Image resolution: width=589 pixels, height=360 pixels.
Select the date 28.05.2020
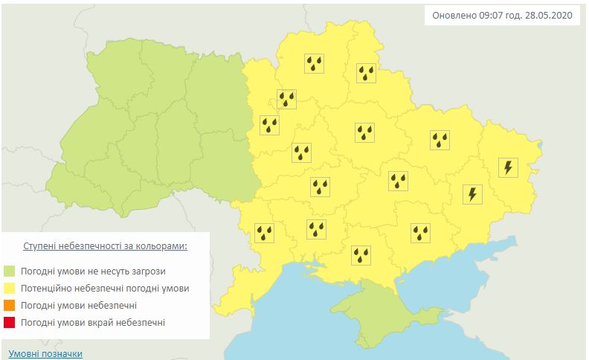tap(550, 16)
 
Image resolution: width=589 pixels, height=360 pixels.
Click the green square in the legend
tap(10, 271)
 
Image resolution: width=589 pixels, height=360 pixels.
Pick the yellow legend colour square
tap(10, 288)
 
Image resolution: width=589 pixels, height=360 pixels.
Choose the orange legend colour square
tap(10, 306)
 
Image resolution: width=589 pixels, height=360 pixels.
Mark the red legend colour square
tap(10, 323)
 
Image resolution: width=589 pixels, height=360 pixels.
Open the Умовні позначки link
tap(45, 354)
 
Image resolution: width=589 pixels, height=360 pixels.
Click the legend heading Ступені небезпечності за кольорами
tap(105, 245)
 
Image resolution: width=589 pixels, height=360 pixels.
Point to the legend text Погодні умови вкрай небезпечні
tap(93, 323)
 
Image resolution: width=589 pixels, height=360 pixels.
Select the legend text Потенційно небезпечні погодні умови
tap(105, 288)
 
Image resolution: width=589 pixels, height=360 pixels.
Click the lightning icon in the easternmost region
tap(508, 167)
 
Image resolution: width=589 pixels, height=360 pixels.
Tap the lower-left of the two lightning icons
tap(472, 194)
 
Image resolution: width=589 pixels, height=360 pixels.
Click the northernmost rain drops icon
tap(315, 64)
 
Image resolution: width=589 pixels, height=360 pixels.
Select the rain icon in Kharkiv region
tap(440, 139)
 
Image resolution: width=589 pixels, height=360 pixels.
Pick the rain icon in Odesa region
tap(265, 233)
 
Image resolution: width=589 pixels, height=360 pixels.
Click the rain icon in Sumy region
tap(366, 72)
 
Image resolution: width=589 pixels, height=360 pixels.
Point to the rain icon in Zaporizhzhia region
tap(421, 233)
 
